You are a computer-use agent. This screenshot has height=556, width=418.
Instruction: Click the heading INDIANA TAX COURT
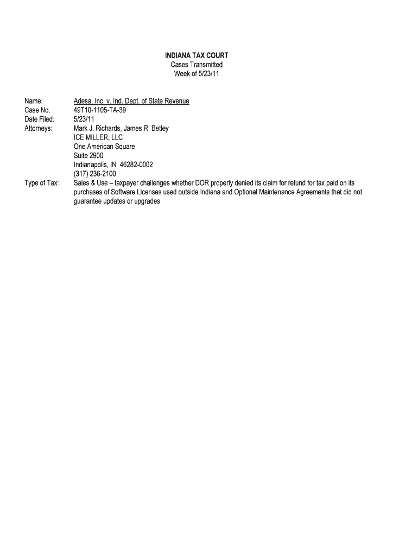click(197, 55)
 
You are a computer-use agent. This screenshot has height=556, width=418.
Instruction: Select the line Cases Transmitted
click(197, 65)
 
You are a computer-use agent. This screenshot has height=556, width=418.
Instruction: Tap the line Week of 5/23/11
click(197, 74)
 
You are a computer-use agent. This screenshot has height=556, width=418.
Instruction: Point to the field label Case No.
click(37, 110)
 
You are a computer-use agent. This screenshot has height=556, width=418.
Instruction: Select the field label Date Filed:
click(40, 119)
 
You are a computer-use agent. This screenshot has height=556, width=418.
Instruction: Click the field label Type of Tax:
click(42, 184)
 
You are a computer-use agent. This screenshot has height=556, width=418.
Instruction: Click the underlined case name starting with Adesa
click(131, 101)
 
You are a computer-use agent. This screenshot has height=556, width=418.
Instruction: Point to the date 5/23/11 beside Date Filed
click(84, 119)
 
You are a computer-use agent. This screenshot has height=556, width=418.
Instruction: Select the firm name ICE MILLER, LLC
click(98, 138)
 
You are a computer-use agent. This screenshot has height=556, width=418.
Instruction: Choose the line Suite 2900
click(88, 156)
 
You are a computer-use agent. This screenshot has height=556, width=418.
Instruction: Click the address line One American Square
click(104, 147)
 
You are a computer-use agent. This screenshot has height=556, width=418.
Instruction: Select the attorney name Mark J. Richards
click(97, 129)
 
